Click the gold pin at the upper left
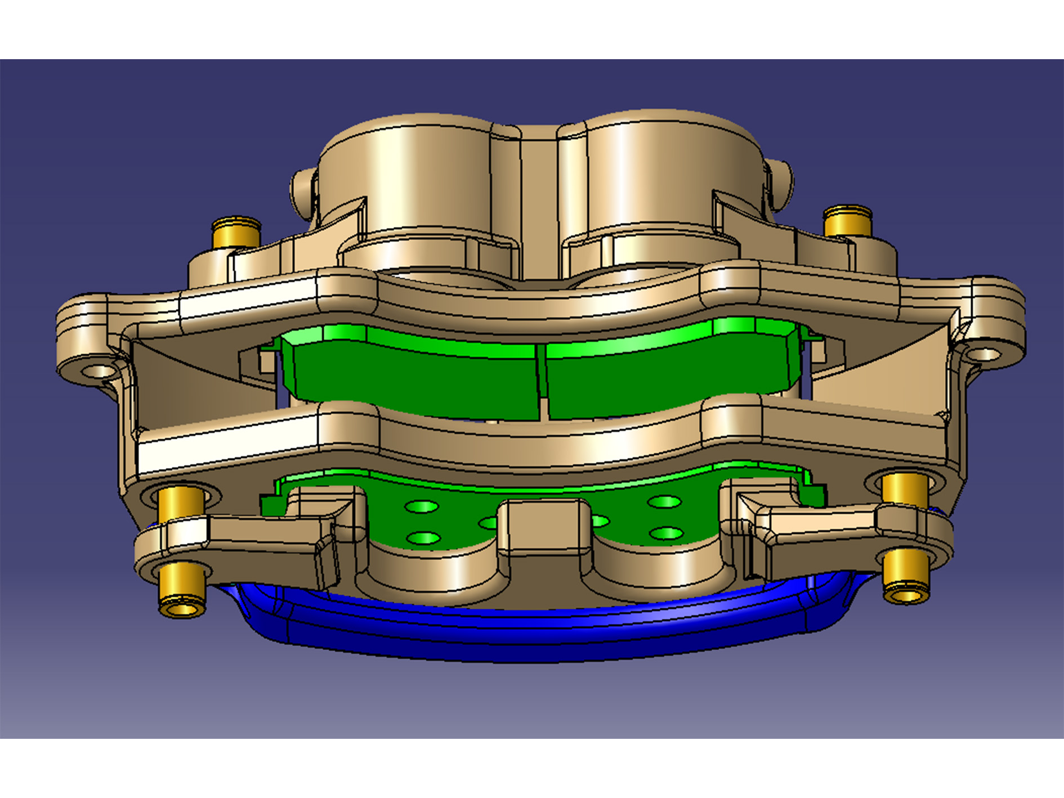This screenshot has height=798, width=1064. (x=236, y=233)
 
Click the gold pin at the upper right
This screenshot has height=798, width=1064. (x=847, y=222)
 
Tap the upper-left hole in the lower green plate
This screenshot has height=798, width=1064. (x=421, y=507)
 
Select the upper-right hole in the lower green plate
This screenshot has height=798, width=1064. (x=665, y=501)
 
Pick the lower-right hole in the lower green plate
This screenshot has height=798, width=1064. (x=666, y=532)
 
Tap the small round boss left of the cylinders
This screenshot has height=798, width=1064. (x=302, y=191)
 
